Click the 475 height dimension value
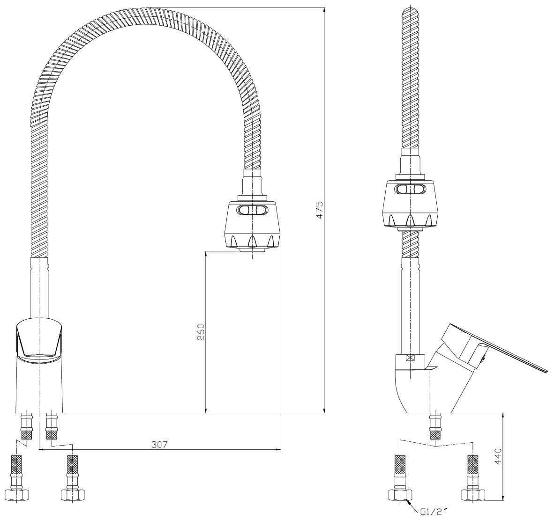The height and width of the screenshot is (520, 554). pos(319,210)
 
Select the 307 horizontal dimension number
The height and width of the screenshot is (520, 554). pos(159,445)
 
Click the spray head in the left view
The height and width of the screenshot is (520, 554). pos(252,225)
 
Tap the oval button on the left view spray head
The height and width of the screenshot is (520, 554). pos(252,210)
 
